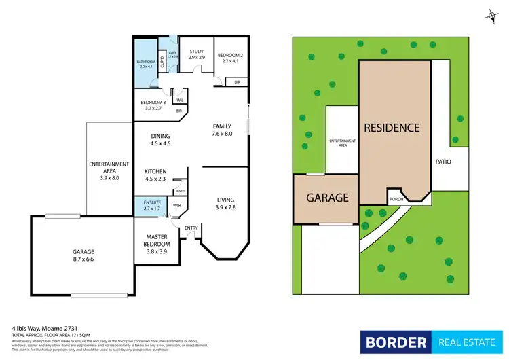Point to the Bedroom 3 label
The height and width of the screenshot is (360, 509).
(x=148, y=104)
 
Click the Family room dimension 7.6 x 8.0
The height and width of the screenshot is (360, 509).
(x=222, y=134)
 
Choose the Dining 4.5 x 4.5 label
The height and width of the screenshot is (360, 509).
(x=160, y=140)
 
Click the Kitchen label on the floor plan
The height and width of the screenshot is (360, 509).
(x=155, y=171)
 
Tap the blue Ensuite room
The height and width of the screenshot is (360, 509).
(x=151, y=204)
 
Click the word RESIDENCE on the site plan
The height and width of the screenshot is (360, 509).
(x=392, y=127)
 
